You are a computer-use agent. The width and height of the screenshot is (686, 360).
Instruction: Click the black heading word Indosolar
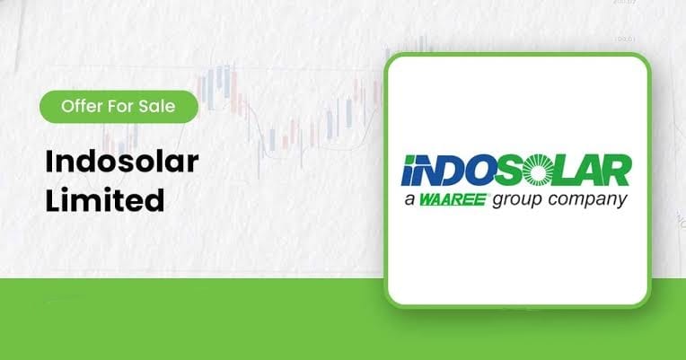[x=122, y=162]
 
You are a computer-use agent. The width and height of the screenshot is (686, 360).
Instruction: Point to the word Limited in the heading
[x=105, y=200]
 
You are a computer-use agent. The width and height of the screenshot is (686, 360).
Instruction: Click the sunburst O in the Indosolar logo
[x=538, y=171]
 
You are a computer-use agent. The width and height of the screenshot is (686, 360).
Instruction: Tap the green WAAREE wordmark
[x=453, y=200]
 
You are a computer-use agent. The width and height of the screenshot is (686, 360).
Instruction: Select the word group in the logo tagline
[x=517, y=201]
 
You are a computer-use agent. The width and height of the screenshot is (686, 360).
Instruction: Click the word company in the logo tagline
[x=587, y=201]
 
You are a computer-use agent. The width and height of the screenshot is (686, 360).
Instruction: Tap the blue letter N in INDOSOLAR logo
[x=423, y=171]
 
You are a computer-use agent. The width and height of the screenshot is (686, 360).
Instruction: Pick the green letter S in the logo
[x=510, y=171]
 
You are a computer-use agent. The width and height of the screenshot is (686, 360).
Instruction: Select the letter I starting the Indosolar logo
[x=406, y=171]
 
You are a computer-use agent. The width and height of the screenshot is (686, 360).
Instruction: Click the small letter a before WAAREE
[x=409, y=201]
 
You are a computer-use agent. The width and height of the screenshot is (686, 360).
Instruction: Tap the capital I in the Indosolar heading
[x=48, y=161]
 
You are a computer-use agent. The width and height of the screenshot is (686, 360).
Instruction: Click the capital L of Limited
[x=53, y=200]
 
